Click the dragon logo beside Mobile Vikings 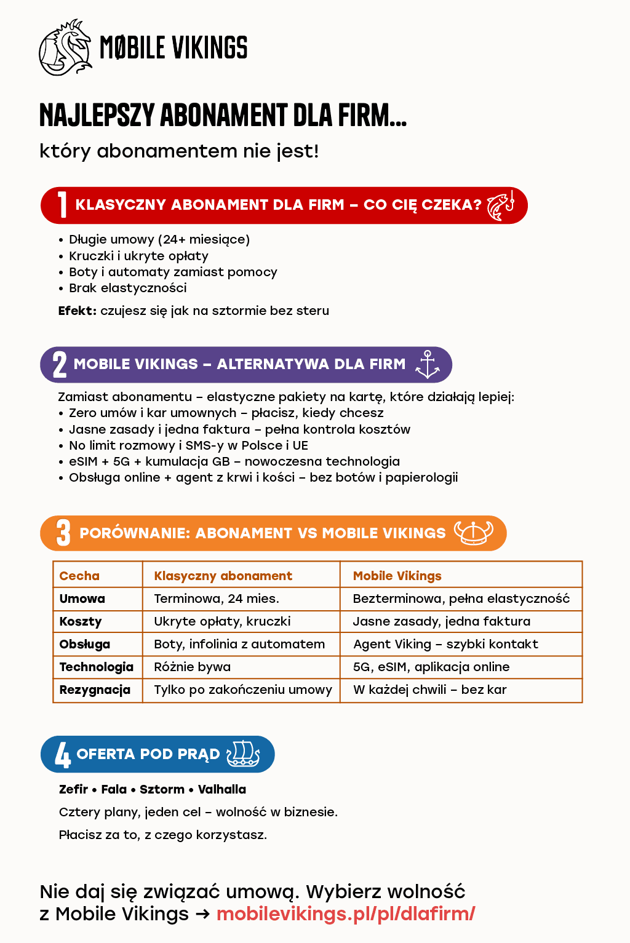[65, 47]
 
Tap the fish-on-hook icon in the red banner [500, 205]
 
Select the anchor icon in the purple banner [428, 364]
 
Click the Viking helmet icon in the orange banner [473, 533]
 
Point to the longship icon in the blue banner [243, 754]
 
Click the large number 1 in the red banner [62, 205]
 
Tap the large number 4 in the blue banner [63, 755]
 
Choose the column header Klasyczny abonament [223, 576]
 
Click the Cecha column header [79, 576]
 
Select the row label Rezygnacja [95, 690]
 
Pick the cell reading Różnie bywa [192, 667]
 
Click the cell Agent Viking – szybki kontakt [445, 644]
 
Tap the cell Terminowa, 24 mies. [216, 599]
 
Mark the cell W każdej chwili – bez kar [429, 690]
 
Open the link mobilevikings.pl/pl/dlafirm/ [346, 913]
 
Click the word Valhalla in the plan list [222, 789]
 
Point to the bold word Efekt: [78, 311]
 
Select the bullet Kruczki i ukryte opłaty [138, 256]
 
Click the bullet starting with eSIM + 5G [234, 461]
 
